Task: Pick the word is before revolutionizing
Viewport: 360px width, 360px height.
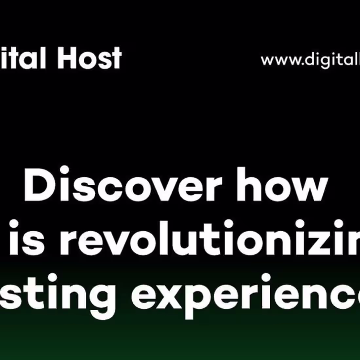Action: [32, 237]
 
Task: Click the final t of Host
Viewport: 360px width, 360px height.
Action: [116, 59]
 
